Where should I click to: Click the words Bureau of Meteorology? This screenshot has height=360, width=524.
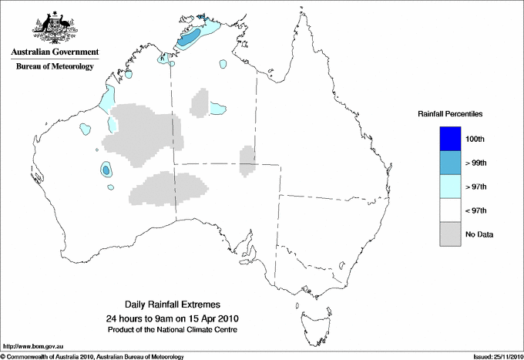pyautogui.click(x=54, y=67)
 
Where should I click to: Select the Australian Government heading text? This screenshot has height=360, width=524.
pyautogui.click(x=54, y=52)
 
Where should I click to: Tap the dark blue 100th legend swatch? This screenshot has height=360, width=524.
pyautogui.click(x=448, y=139)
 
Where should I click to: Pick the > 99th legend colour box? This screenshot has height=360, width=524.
pyautogui.click(x=448, y=163)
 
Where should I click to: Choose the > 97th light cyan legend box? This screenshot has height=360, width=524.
pyautogui.click(x=448, y=187)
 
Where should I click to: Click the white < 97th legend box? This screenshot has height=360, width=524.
pyautogui.click(x=448, y=210)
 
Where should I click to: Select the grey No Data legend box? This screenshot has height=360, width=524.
pyautogui.click(x=448, y=234)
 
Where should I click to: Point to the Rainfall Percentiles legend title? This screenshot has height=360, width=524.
pyautogui.click(x=450, y=113)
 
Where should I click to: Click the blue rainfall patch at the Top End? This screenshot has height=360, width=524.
pyautogui.click(x=190, y=38)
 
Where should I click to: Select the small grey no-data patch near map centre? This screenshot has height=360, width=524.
pyautogui.click(x=247, y=160)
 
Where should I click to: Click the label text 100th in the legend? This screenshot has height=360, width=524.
pyautogui.click(x=475, y=139)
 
